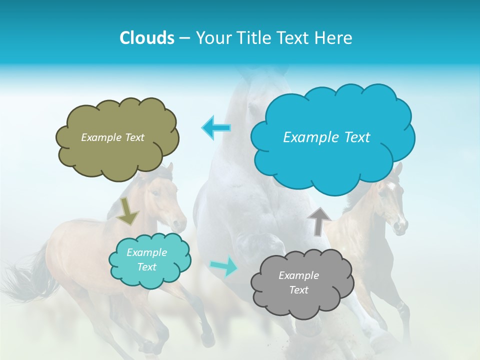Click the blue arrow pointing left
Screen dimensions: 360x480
216,128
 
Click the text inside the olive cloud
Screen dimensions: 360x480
112,137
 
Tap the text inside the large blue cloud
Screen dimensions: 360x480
326,137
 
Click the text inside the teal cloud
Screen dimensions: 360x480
146,260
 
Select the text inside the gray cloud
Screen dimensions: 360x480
298,282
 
